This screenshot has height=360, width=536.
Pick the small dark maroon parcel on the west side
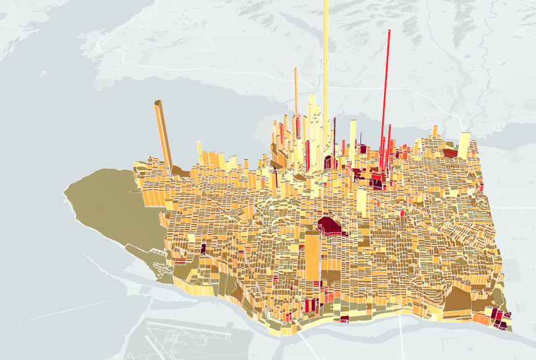click(203, 249)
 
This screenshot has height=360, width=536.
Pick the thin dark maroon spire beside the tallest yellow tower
click(334, 139)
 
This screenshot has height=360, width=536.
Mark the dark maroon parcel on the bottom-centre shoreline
click(344, 319)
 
